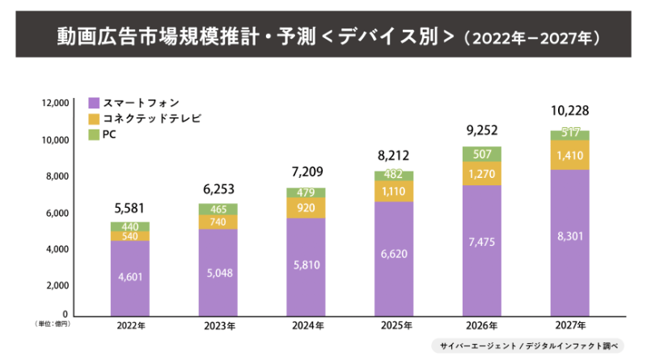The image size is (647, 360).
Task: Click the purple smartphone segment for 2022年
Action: point(130,277)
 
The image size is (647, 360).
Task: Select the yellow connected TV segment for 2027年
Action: point(569,155)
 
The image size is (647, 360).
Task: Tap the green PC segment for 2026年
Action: point(481,154)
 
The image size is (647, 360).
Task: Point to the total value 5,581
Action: point(130,208)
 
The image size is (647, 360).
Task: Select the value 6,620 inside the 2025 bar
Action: point(393,253)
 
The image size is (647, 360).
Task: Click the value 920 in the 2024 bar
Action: point(306,207)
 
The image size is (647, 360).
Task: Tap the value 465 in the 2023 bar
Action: point(218,209)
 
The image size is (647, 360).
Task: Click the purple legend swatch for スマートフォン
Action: point(94,104)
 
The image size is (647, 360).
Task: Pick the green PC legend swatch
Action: point(94,133)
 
